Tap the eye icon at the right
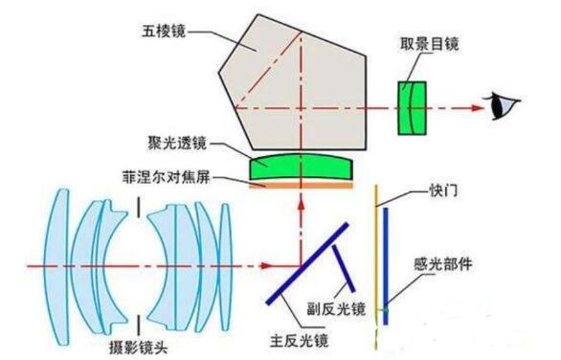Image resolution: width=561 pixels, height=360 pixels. coord(501,106)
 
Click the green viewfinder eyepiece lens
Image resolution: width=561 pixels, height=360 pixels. coord(411,106)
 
